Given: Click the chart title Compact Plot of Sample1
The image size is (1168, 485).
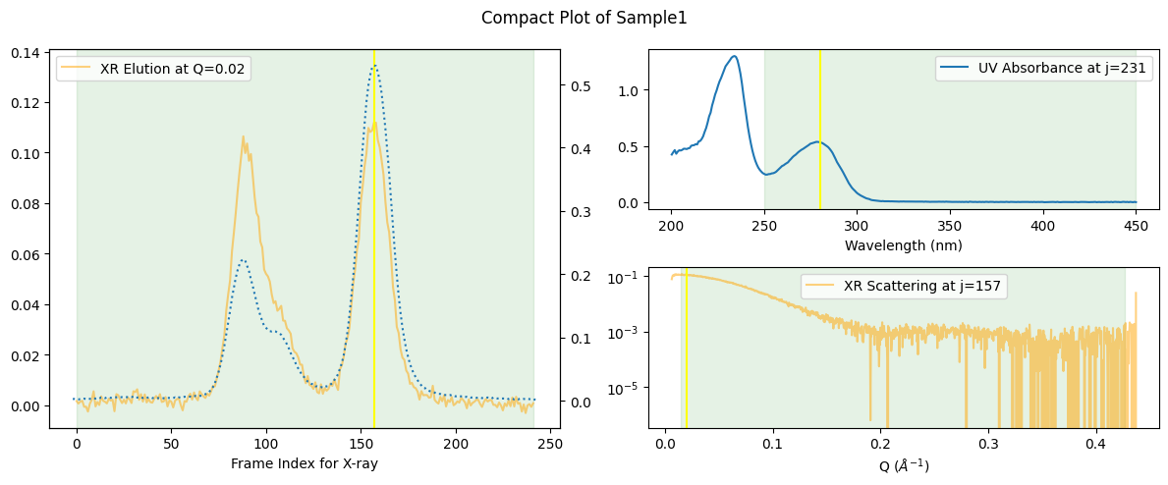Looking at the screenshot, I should pos(584,18).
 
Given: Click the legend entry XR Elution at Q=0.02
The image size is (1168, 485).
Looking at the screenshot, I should pos(173,68).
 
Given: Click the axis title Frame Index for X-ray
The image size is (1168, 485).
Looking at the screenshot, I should pos(304,464).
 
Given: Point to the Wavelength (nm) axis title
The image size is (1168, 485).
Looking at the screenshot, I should pos(903,245).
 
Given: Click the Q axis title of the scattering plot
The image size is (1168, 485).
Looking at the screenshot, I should pos(903,466).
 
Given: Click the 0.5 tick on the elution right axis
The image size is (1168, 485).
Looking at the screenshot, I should pos(577,85).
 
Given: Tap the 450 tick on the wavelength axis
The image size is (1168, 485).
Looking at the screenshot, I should pos(1136,225).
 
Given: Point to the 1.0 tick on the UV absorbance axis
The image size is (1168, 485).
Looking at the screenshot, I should pos(631,90).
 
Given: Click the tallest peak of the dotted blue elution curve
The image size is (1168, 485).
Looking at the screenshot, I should pos(373,66).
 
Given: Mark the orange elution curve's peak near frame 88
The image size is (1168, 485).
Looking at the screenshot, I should pos(243,137).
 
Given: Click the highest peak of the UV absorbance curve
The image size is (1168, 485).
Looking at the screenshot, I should pos(734,56).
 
